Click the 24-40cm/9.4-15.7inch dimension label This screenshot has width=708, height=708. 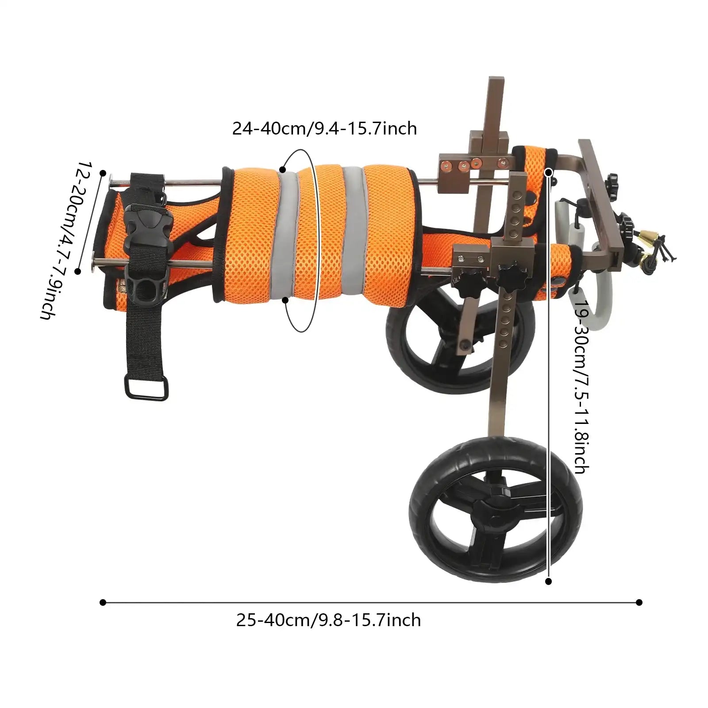pos(324,129)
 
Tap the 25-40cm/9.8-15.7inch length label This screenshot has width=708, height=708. pos(328,620)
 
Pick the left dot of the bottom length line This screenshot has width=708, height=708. pos(103,602)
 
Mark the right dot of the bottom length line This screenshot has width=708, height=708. pos(639,602)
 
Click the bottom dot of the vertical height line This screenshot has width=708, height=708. pos(549,581)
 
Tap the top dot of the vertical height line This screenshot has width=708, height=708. pos(549,172)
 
